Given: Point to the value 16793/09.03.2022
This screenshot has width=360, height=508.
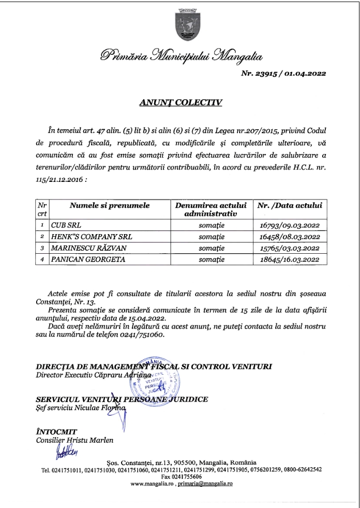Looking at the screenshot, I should tap(289, 225).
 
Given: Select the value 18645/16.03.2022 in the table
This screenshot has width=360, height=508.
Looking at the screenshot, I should tap(289, 259).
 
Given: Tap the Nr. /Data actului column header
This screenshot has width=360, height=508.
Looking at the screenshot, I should tap(290, 206).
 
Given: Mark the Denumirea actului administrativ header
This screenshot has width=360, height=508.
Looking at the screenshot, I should tap(211, 209).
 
